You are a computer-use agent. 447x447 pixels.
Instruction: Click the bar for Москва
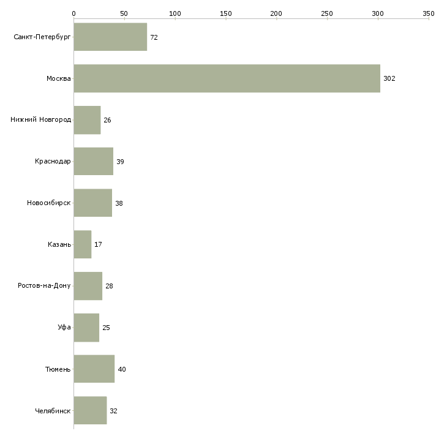227,78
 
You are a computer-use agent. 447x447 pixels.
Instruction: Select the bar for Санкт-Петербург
110,37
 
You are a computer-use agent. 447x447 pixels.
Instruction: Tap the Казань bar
82,244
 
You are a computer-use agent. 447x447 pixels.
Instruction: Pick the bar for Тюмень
94,369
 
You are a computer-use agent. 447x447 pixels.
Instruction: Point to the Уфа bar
86,328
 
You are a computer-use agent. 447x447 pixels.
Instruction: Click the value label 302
389,79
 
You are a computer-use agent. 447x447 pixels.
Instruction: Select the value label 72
154,37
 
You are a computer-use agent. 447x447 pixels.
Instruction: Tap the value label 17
98,245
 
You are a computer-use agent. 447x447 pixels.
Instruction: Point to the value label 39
120,162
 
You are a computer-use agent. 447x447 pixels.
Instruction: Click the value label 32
113,411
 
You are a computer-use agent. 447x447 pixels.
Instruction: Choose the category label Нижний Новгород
40,120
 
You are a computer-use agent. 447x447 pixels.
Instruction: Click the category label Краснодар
53,162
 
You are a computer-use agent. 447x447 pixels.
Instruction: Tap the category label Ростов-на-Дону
44,286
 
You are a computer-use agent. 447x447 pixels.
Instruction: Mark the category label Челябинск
53,411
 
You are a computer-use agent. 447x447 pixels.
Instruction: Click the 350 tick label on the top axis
428,13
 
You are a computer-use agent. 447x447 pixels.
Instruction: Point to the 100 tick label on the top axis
175,13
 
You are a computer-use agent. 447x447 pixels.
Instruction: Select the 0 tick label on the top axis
73,13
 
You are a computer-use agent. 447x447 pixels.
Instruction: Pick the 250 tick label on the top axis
327,13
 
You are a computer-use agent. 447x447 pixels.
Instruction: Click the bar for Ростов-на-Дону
88,286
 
